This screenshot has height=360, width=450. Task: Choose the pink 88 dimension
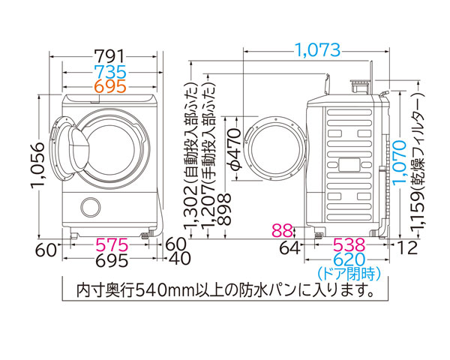(283, 229)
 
